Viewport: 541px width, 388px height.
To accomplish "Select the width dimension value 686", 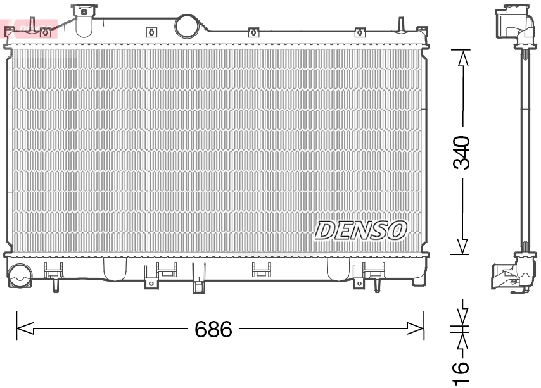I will tap(213, 329).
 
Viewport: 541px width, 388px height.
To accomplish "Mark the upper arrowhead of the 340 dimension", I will tap(463, 58).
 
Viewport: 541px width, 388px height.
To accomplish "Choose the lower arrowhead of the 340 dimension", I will tap(463, 247).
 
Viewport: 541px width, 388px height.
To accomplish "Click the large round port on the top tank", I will tap(187, 25).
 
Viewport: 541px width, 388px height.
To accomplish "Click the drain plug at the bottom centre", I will tap(199, 285).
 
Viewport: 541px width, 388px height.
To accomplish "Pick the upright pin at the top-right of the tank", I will tap(400, 25).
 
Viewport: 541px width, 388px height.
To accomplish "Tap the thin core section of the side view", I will tap(525, 152).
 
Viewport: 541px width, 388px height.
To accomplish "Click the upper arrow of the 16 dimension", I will tap(462, 315).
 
